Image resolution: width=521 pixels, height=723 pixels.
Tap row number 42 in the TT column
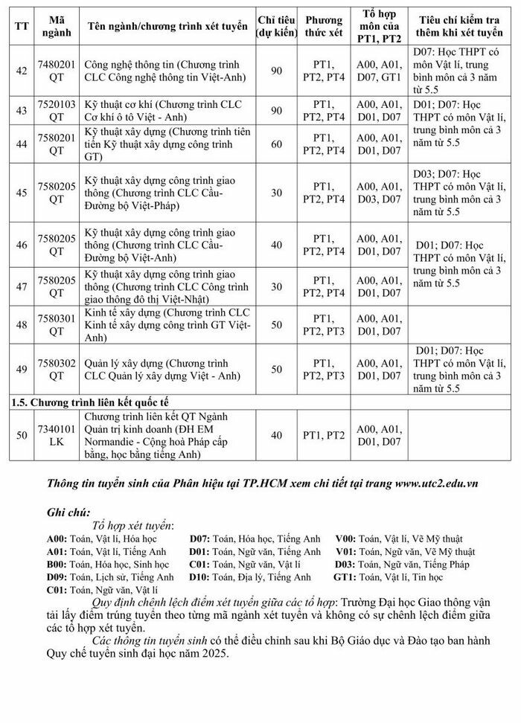pyautogui.click(x=22, y=70)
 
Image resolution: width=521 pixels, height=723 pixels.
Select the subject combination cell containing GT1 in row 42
pyautogui.click(x=378, y=70)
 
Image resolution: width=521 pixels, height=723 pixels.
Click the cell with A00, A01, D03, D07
pyautogui.click(x=378, y=192)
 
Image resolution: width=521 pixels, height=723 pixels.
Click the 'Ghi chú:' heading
pyautogui.click(x=68, y=512)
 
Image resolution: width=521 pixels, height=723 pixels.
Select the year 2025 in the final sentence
pyautogui.click(x=216, y=655)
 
